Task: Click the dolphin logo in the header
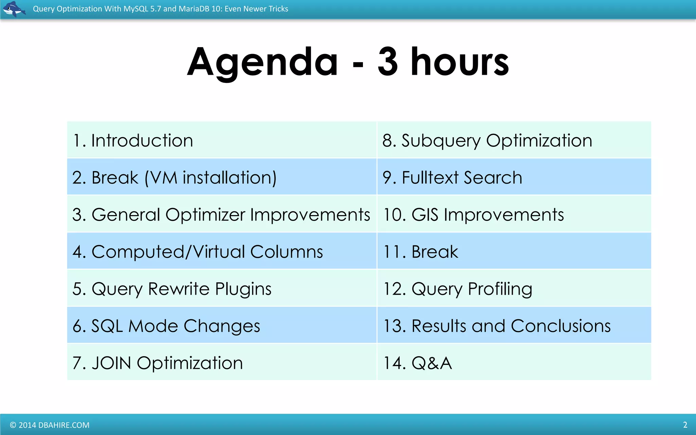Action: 14,9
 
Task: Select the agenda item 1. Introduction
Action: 133,140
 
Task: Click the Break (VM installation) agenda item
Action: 174,177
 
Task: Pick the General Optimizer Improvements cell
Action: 221,214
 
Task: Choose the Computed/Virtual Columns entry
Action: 197,252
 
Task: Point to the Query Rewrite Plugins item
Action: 172,289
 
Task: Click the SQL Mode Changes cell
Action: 166,326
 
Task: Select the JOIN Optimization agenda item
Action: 157,363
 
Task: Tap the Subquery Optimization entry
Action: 487,140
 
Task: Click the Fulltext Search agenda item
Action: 452,177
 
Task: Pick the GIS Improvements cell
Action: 473,214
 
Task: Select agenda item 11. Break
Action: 421,252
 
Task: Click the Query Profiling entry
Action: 457,289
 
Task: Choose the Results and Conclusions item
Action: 497,326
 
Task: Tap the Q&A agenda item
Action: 418,363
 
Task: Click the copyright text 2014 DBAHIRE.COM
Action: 50,425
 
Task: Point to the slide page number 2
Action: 685,425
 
